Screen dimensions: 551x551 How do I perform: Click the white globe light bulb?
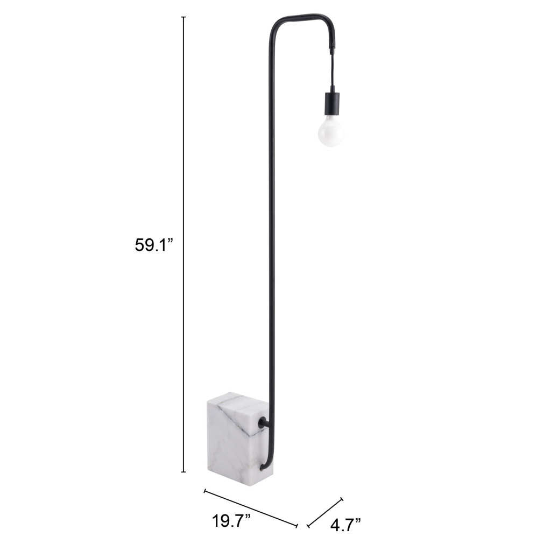(x=330, y=131)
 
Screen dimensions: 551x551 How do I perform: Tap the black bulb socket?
(x=332, y=103)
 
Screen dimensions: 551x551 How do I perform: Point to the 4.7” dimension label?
(x=345, y=524)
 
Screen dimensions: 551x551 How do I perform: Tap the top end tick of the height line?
(x=183, y=17)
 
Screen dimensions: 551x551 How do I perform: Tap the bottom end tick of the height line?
(x=183, y=472)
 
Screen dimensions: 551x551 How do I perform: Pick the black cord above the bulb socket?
(x=332, y=70)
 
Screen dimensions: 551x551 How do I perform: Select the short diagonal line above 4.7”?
(x=324, y=512)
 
